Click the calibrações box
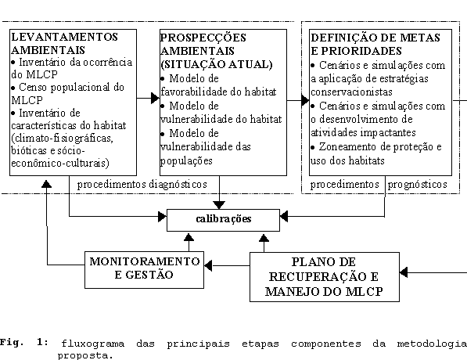pyautogui.click(x=223, y=220)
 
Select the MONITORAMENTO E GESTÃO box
pyautogui.click(x=144, y=270)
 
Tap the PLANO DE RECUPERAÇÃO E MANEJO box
pyautogui.click(x=325, y=277)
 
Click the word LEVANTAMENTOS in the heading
pyautogui.click(x=65, y=37)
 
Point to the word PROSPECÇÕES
pyautogui.click(x=203, y=38)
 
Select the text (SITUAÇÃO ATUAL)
pyautogui.click(x=217, y=64)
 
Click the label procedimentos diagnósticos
pyautogui.click(x=142, y=185)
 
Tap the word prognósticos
pyautogui.click(x=417, y=185)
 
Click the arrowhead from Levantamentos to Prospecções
pyautogui.click(x=155, y=98)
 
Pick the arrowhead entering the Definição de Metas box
pyautogui.click(x=305, y=100)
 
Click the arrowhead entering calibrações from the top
pyautogui.click(x=219, y=205)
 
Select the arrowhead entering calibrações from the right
pyautogui.click(x=284, y=216)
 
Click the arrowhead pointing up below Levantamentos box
pyautogui.click(x=46, y=184)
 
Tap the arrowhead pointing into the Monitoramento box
pyautogui.click(x=208, y=265)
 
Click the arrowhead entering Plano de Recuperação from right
pyautogui.click(x=404, y=272)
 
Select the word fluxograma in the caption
pyautogui.click(x=92, y=344)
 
